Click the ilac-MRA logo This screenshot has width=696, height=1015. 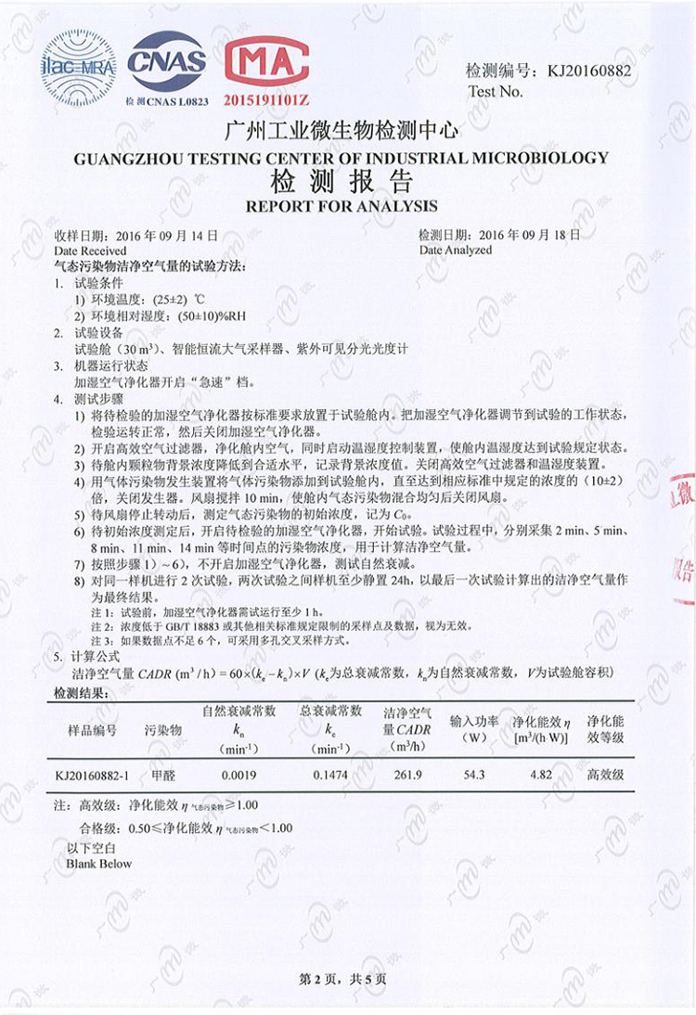(79, 66)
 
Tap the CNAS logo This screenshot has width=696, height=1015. (167, 62)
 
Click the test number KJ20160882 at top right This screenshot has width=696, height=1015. (589, 71)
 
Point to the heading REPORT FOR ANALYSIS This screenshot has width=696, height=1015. (341, 205)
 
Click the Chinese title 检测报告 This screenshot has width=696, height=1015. (341, 181)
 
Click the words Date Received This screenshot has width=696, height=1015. (90, 251)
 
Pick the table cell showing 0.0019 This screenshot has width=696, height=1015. (239, 775)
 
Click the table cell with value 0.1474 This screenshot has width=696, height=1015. (329, 775)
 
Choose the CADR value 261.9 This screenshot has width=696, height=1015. (407, 775)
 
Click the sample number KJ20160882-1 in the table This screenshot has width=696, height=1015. (93, 775)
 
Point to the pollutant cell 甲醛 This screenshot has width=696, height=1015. (164, 775)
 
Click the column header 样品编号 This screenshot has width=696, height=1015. (93, 730)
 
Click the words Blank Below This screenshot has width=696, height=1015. (99, 864)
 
